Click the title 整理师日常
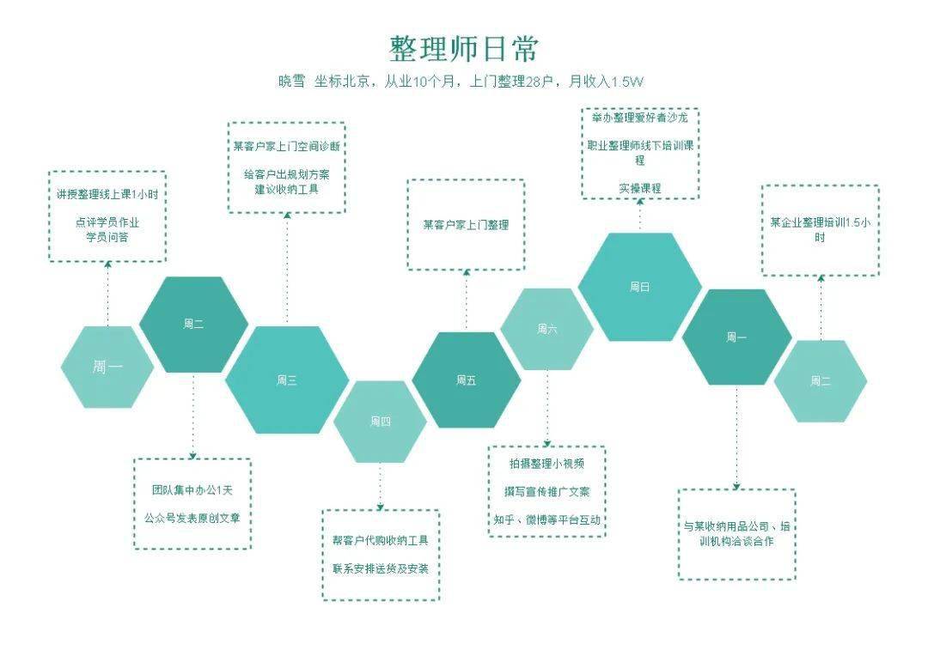463,48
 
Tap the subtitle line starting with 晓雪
461,82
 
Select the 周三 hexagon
287,380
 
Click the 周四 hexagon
380,422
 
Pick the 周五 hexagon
467,380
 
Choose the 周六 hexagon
546,329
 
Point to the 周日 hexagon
640,287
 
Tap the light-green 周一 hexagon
107,367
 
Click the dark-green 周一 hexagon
737,337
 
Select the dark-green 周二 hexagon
193,325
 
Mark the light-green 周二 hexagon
821,381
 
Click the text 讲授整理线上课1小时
107,194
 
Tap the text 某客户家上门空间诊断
286,145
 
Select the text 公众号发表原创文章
192,518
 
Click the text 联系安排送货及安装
381,569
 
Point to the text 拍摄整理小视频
546,464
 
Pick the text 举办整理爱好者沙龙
640,118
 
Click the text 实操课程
640,189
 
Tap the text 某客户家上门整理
466,225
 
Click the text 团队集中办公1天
192,489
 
